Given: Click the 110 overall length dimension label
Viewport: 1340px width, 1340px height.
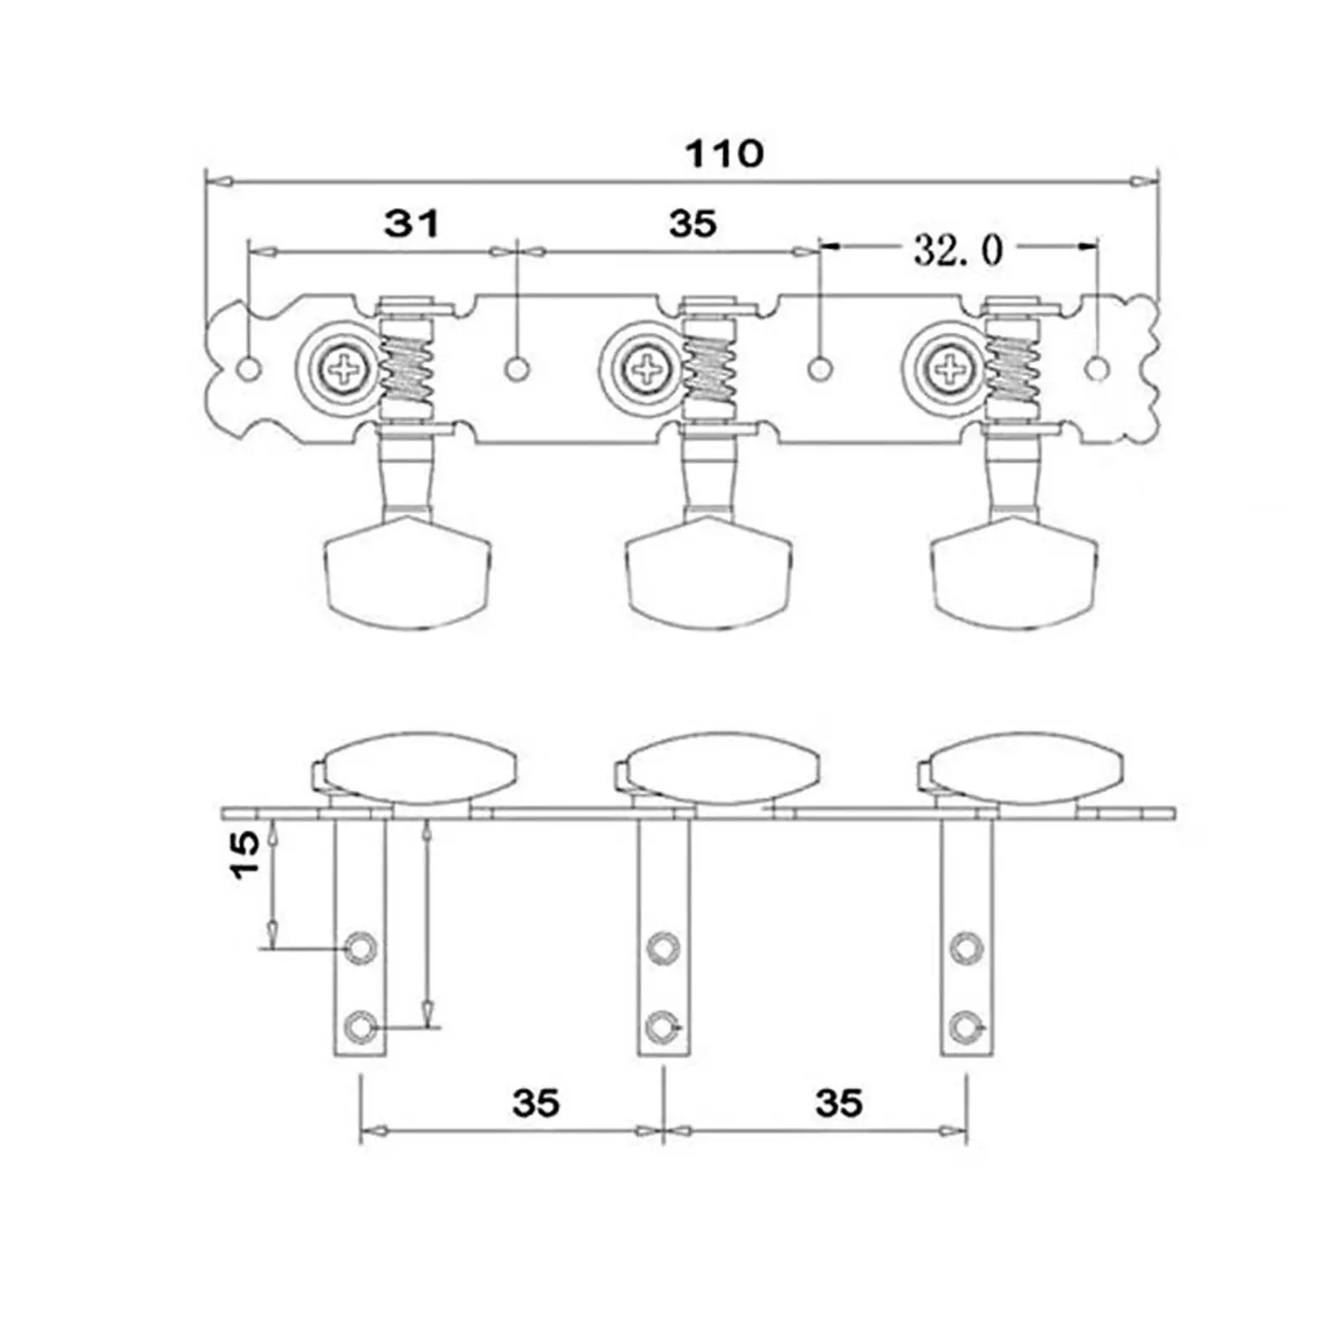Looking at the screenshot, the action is point(724,154).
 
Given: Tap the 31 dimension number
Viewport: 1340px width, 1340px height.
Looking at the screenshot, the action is point(411,224).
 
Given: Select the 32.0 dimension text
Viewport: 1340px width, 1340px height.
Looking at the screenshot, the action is point(957,250).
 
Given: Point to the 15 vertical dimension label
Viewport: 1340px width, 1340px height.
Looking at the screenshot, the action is point(246,854).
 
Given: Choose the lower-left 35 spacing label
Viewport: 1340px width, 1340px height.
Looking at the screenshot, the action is point(536,1103).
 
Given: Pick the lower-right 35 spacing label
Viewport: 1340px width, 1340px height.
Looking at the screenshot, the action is point(838,1103).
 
